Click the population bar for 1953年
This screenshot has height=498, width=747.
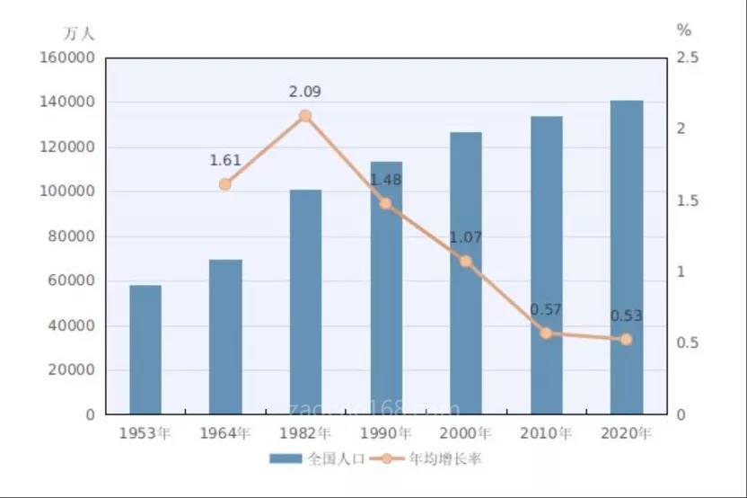(x=145, y=350)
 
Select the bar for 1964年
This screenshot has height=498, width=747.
(x=225, y=337)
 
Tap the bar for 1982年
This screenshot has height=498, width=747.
(x=305, y=302)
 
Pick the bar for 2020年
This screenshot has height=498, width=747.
(x=627, y=257)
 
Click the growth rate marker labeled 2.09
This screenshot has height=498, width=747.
(x=305, y=116)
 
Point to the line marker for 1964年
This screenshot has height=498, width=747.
(x=225, y=184)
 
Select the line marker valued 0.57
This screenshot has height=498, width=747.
(x=546, y=333)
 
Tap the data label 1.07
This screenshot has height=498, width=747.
(x=466, y=238)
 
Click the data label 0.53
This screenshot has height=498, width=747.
(x=626, y=316)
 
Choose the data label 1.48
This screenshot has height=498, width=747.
(x=385, y=180)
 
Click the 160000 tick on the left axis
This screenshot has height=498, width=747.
(x=68, y=58)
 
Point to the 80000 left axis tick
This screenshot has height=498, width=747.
(x=73, y=236)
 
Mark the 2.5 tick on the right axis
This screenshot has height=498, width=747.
(x=687, y=58)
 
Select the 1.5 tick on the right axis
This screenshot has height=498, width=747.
(x=687, y=200)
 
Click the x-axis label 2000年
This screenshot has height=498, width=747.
(x=466, y=433)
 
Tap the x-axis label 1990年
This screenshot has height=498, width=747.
(x=385, y=433)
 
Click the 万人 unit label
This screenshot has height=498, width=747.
(x=78, y=33)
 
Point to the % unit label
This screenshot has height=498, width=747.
(x=684, y=30)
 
